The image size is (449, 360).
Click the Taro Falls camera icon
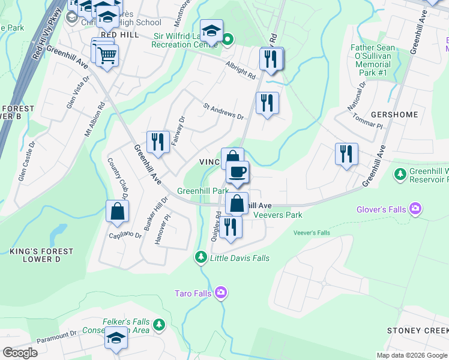pos(221,292)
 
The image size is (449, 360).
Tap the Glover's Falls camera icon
pos(415,209)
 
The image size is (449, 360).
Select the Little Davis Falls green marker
pos(200,257)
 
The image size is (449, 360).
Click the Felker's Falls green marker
pos(158,325)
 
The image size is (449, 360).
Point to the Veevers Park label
pos(278,215)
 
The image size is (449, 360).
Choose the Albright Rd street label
pos(241,71)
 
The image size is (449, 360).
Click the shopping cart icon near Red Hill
pos(107,56)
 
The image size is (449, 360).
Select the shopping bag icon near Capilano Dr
pos(117,212)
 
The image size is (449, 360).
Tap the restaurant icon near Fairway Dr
pos(158,142)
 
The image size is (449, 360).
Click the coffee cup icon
pos(237,172)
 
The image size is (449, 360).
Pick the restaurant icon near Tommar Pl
pos(346,154)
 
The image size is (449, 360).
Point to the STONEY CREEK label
pos(417,331)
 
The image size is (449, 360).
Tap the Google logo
pos(20,353)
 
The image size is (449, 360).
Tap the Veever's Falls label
pos(312,233)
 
